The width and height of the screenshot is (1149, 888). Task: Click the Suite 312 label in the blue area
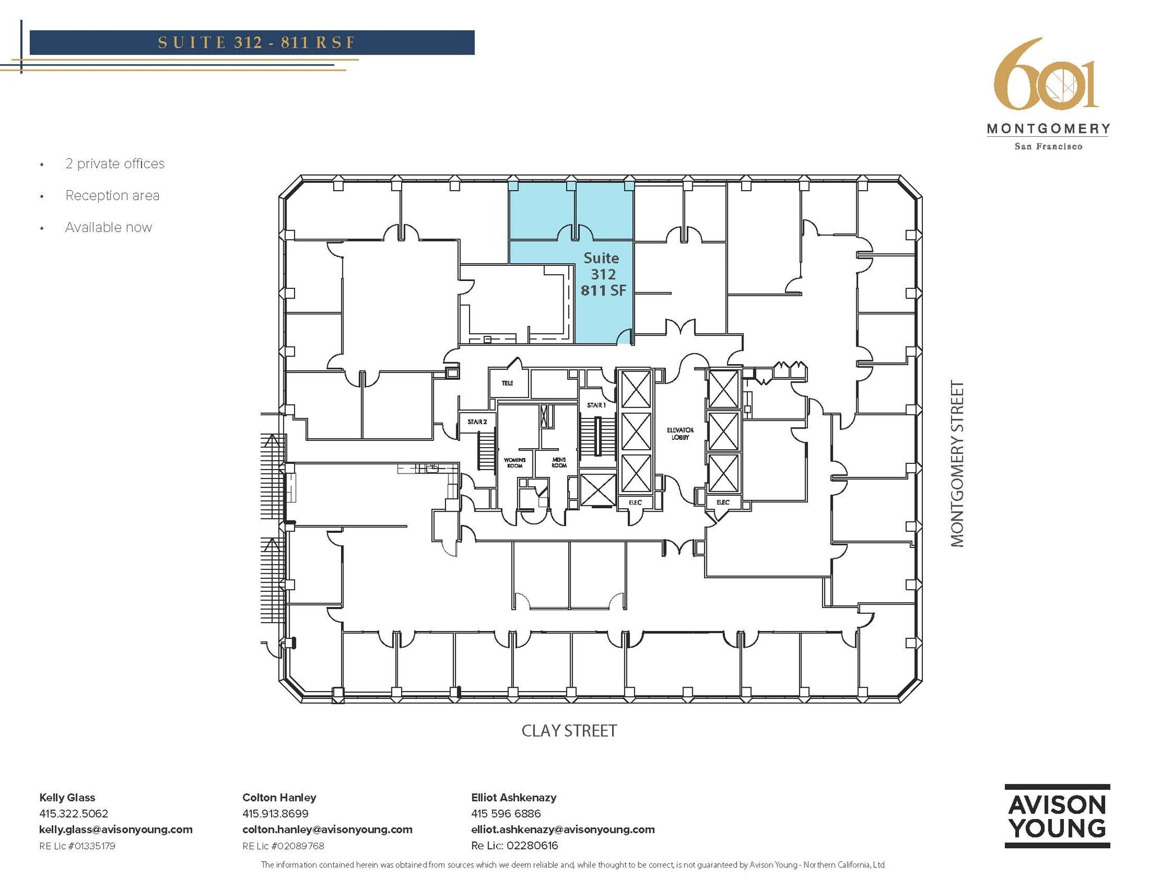[x=602, y=274]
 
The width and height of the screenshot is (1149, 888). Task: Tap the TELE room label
[x=507, y=383]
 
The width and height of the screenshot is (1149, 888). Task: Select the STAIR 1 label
[x=596, y=405]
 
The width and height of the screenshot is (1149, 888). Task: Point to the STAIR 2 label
[x=477, y=422]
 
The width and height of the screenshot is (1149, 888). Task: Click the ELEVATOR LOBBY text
[x=680, y=434]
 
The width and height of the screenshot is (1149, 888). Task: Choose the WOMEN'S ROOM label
[x=514, y=463]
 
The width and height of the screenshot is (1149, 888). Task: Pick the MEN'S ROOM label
[x=559, y=463]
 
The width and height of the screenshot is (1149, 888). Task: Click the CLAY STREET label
[x=569, y=730]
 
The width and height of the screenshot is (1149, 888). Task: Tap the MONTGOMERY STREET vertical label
[x=957, y=463]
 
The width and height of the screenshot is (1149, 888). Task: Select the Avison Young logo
[x=1057, y=816]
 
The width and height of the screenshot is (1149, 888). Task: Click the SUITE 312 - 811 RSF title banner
[x=252, y=43]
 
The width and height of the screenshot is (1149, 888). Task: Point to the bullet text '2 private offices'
[x=115, y=164]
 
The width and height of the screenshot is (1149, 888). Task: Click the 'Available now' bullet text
[x=108, y=227]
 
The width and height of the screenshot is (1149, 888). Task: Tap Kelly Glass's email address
[x=116, y=829]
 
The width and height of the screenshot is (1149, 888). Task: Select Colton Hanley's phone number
[x=275, y=813]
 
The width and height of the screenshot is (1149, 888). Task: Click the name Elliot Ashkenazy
[x=513, y=797]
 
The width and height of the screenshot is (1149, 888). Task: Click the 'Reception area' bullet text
[x=112, y=195]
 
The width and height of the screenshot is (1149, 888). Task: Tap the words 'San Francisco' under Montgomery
[x=1048, y=146]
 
